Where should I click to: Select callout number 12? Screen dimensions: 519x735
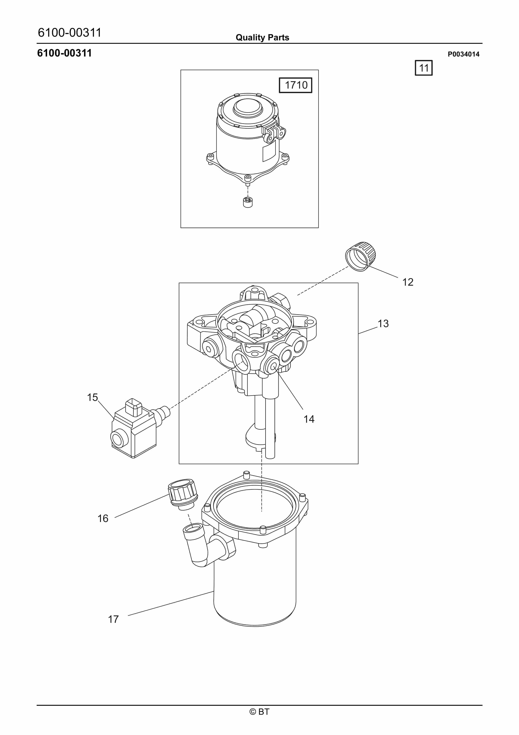(408, 282)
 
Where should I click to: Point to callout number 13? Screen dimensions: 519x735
(383, 323)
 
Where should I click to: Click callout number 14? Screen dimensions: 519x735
(309, 419)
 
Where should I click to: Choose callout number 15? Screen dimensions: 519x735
(92, 397)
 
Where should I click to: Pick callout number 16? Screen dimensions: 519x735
(103, 518)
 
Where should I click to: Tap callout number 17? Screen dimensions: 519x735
(113, 619)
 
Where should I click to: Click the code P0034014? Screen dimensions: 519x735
(463, 54)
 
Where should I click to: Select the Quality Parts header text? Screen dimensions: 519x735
(262, 38)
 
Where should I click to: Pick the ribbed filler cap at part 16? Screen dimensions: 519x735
(183, 495)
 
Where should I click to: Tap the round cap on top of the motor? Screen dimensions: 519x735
(248, 108)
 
